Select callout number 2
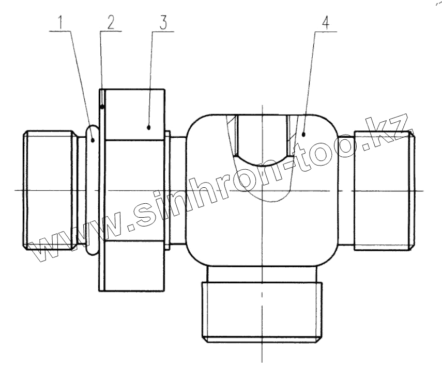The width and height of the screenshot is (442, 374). pos(110,23)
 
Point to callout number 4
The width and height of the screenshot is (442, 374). pos(325,23)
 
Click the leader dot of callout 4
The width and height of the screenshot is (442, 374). pos(306,134)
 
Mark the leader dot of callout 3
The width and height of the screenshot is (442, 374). pos(149,126)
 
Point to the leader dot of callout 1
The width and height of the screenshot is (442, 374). pos(93,139)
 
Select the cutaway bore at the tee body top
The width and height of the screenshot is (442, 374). pos(262,137)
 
